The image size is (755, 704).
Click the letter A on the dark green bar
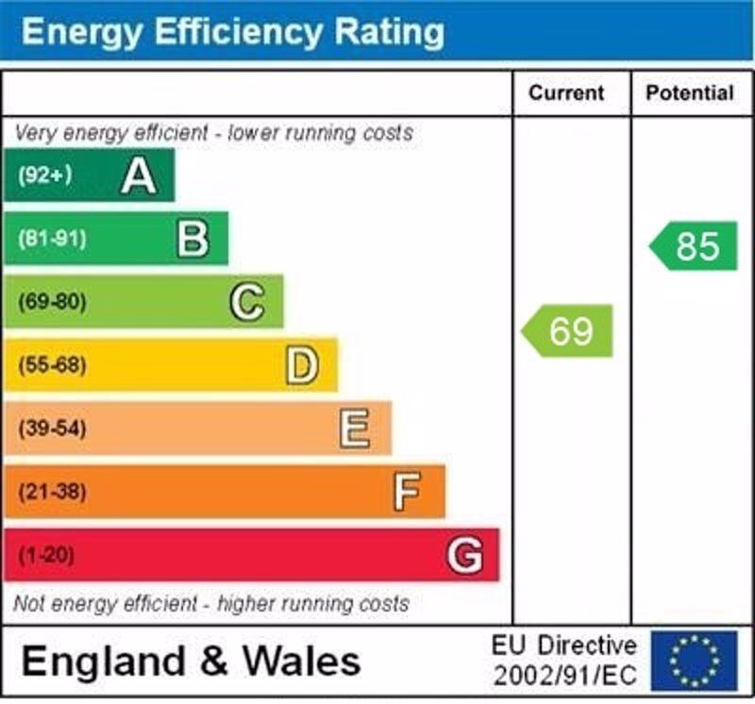coord(139,176)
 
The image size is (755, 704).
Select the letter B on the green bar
coord(193,239)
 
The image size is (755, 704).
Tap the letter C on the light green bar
coord(247,303)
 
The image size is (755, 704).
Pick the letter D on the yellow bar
coord(302,366)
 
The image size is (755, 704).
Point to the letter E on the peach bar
coord(355,429)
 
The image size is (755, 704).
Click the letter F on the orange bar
coord(407,492)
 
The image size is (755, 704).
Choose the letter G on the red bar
coord(464,555)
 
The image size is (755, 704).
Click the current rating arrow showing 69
coord(568,331)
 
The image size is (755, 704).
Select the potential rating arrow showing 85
coord(695,246)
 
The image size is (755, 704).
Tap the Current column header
coord(565,92)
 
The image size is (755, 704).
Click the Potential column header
coord(689,92)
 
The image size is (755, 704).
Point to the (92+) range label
coord(44,176)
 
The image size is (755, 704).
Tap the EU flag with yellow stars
coord(694,660)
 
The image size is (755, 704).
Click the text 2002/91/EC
coord(564,676)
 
